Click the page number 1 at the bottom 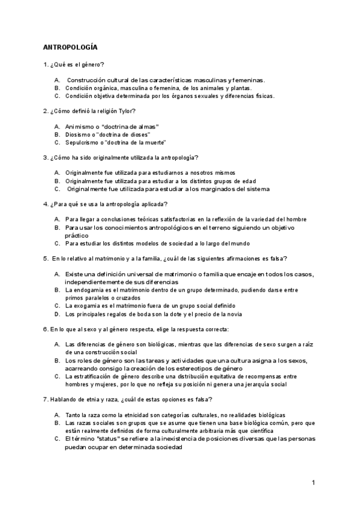[314, 483]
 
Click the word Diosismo [79, 134]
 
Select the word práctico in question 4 [77, 236]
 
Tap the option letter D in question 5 [56, 313]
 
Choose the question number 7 [45, 399]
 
